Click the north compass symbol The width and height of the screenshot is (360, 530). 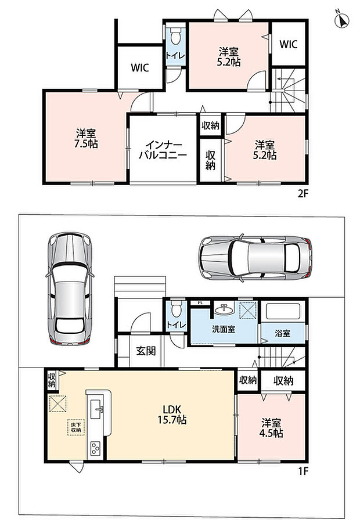[x=342, y=20]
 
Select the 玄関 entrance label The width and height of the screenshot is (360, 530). [x=146, y=351]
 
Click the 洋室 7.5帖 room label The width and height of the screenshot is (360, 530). [x=86, y=139]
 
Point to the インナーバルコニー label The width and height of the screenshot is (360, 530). [x=163, y=150]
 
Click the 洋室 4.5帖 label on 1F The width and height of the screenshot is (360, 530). [x=271, y=428]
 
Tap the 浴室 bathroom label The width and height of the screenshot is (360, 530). [x=282, y=333]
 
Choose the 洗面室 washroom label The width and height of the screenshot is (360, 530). [x=224, y=329]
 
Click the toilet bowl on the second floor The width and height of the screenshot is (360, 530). [x=176, y=37]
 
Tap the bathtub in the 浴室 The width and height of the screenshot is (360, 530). [x=283, y=311]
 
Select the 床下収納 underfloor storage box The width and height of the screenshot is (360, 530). [x=75, y=427]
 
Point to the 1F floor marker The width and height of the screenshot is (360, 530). [x=303, y=471]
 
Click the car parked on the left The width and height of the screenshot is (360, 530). [x=70, y=289]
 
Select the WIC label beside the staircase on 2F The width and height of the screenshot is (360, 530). [x=289, y=44]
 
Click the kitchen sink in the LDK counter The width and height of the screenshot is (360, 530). [x=96, y=408]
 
